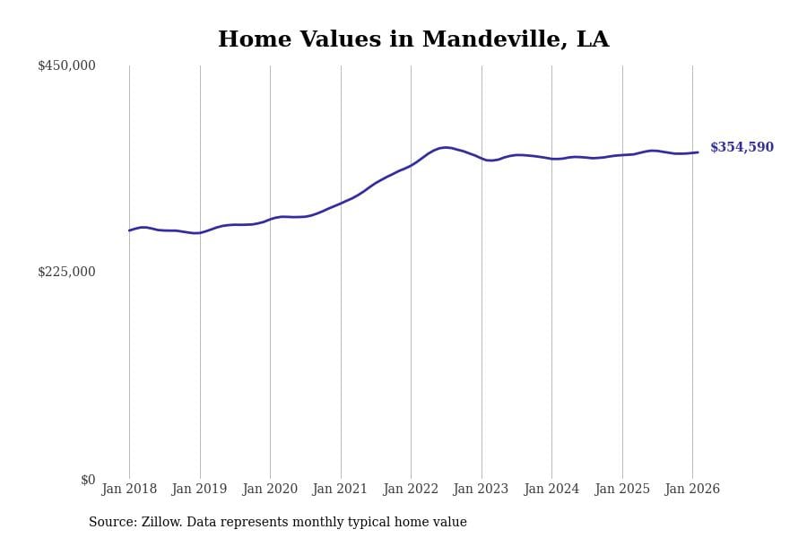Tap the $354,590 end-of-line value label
pyautogui.click(x=742, y=148)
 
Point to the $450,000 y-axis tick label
pyautogui.click(x=66, y=65)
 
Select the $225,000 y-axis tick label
pyautogui.click(x=66, y=272)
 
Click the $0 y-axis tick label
pyautogui.click(x=88, y=480)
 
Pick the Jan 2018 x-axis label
pyautogui.click(x=129, y=490)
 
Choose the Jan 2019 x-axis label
pyautogui.click(x=199, y=490)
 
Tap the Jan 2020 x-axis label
pyautogui.click(x=270, y=490)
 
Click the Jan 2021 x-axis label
pyautogui.click(x=340, y=490)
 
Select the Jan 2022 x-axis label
pyautogui.click(x=411, y=490)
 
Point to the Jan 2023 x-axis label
pyautogui.click(x=481, y=490)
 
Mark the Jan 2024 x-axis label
pyautogui.click(x=551, y=490)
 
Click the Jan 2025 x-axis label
pyautogui.click(x=621, y=490)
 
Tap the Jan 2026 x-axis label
pyautogui.click(x=692, y=490)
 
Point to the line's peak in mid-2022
pyautogui.click(x=446, y=147)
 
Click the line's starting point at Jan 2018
pyautogui.click(x=129, y=230)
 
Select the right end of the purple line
pyautogui.click(x=698, y=152)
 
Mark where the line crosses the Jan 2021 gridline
pyautogui.click(x=341, y=203)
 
